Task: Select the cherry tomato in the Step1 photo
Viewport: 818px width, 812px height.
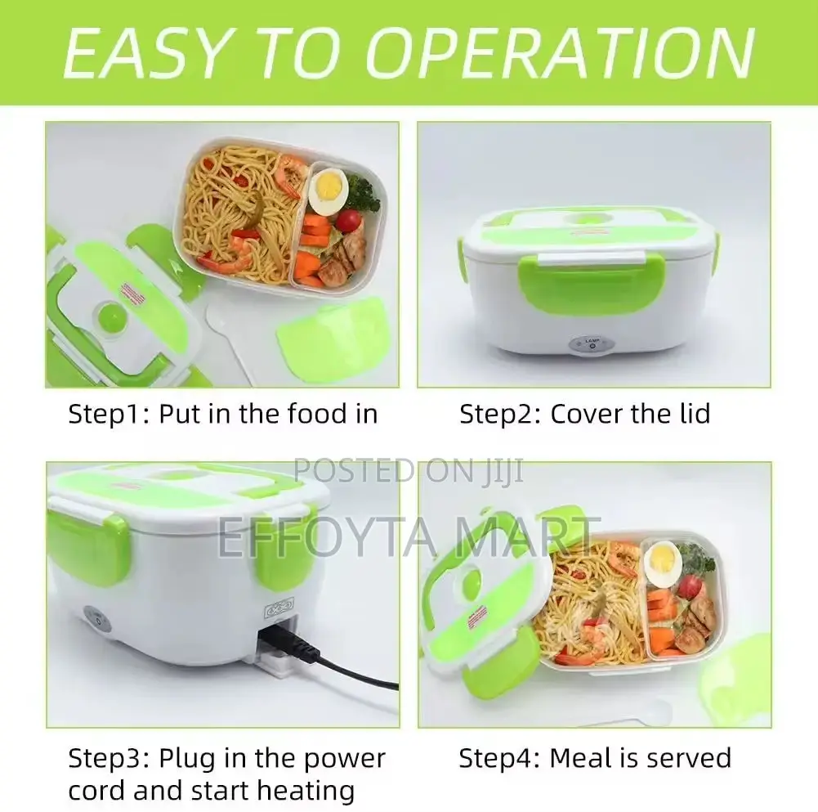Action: [x=349, y=221]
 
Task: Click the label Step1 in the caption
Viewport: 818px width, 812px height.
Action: [x=105, y=414]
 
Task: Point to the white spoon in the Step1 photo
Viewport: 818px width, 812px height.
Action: [x=229, y=327]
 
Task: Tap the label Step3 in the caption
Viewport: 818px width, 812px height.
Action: [x=105, y=758]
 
